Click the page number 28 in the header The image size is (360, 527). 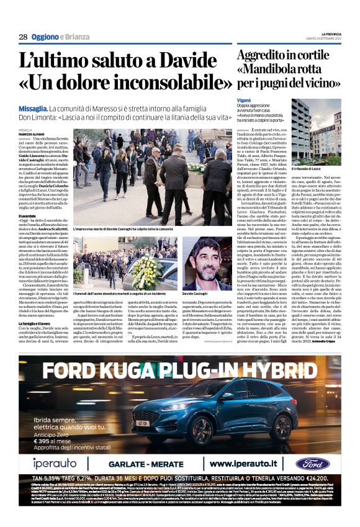[23, 37]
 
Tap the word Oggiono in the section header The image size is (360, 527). [49, 37]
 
